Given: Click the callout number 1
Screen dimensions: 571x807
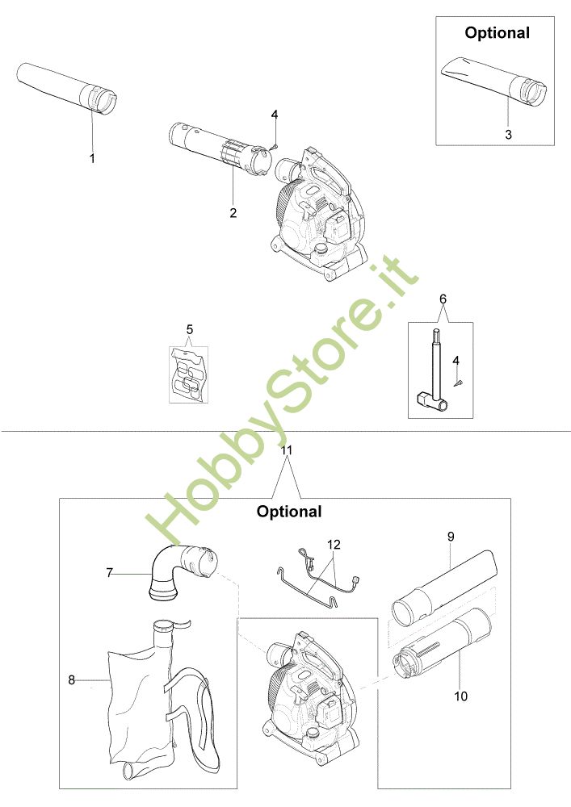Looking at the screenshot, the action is click(x=92, y=158).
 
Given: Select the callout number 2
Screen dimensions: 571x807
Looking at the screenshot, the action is click(x=233, y=212).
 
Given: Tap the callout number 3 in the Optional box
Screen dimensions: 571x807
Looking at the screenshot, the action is click(x=508, y=134).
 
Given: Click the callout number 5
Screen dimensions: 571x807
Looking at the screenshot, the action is click(x=190, y=329).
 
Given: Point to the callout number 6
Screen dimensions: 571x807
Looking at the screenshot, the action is click(x=443, y=299).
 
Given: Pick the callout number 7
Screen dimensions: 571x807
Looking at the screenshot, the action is click(x=109, y=573).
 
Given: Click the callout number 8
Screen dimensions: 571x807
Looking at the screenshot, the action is click(x=72, y=680).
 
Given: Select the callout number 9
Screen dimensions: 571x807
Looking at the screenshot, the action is click(x=451, y=537).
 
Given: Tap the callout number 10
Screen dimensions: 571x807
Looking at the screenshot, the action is click(x=461, y=696).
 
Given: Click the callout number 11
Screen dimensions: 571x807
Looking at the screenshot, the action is click(x=287, y=450).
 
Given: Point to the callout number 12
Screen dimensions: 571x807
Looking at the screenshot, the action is click(x=334, y=544).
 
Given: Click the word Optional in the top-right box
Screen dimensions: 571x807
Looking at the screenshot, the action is click(x=497, y=33).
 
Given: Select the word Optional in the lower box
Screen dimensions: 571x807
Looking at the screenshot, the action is click(x=289, y=512).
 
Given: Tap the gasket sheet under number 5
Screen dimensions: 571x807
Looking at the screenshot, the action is click(x=189, y=374).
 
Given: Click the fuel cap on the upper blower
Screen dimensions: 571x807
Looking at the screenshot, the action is click(x=321, y=251).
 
